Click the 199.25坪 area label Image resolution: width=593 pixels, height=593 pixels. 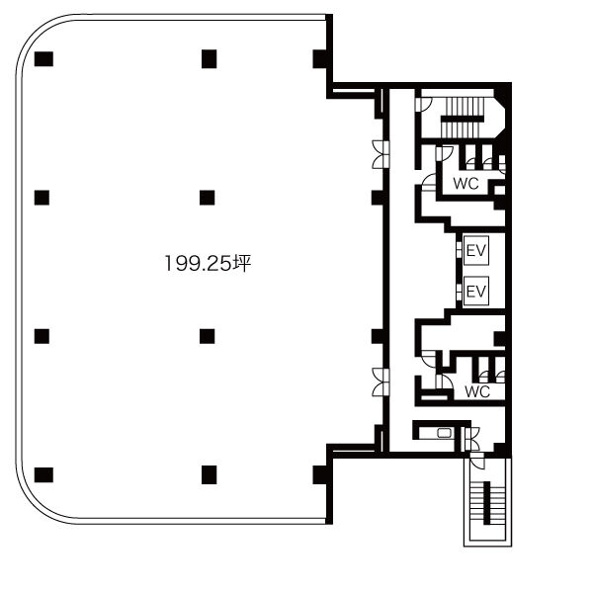click(x=208, y=263)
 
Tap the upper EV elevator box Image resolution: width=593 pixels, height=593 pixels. click(x=476, y=250)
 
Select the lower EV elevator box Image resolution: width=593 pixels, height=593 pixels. click(x=476, y=292)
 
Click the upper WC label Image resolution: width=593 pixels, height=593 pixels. click(x=466, y=184)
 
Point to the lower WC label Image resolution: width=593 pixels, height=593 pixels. click(x=477, y=391)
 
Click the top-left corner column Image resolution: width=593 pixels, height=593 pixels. click(x=43, y=59)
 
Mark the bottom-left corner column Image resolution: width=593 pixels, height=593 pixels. click(x=43, y=475)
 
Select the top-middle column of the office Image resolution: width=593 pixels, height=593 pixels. click(x=209, y=59)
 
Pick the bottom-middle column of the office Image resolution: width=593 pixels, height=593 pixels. click(x=209, y=475)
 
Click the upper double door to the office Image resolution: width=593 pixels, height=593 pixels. click(x=381, y=154)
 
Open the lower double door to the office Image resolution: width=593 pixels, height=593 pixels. click(x=381, y=381)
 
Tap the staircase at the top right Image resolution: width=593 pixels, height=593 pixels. click(x=463, y=118)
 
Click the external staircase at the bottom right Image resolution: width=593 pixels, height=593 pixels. click(x=487, y=503)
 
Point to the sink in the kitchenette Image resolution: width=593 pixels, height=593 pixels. click(x=444, y=433)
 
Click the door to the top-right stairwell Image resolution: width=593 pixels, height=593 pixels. click(x=423, y=105)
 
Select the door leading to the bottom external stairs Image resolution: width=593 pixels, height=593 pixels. click(x=477, y=461)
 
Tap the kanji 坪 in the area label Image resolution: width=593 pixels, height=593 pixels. click(x=242, y=263)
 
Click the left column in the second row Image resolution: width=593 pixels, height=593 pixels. click(x=42, y=198)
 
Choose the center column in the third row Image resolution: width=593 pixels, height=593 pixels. click(x=207, y=336)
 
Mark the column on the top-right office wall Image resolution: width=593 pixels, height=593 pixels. click(x=320, y=59)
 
